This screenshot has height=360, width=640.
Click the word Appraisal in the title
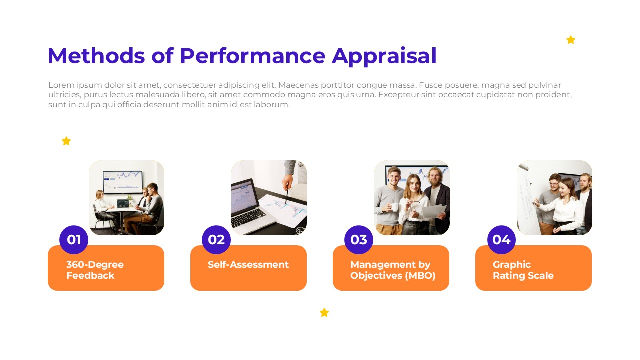[384, 56]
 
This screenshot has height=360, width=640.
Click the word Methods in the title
[96, 56]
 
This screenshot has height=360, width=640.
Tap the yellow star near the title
[571, 40]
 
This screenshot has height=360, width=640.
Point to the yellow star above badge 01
[66, 141]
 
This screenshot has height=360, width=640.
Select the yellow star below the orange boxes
[324, 312]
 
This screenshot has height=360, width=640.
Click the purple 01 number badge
[74, 240]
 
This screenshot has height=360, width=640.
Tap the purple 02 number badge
[216, 240]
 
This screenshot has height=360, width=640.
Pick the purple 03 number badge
[359, 240]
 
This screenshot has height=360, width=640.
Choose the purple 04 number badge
[501, 240]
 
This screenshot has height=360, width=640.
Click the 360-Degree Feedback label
[95, 270]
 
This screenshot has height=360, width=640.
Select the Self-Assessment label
[248, 265]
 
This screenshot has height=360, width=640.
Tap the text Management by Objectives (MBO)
[393, 270]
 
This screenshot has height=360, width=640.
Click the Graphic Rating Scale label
[523, 270]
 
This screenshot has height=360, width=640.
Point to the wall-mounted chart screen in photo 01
[123, 182]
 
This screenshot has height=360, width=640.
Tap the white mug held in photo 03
[394, 207]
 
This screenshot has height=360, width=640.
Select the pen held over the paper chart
[286, 196]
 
